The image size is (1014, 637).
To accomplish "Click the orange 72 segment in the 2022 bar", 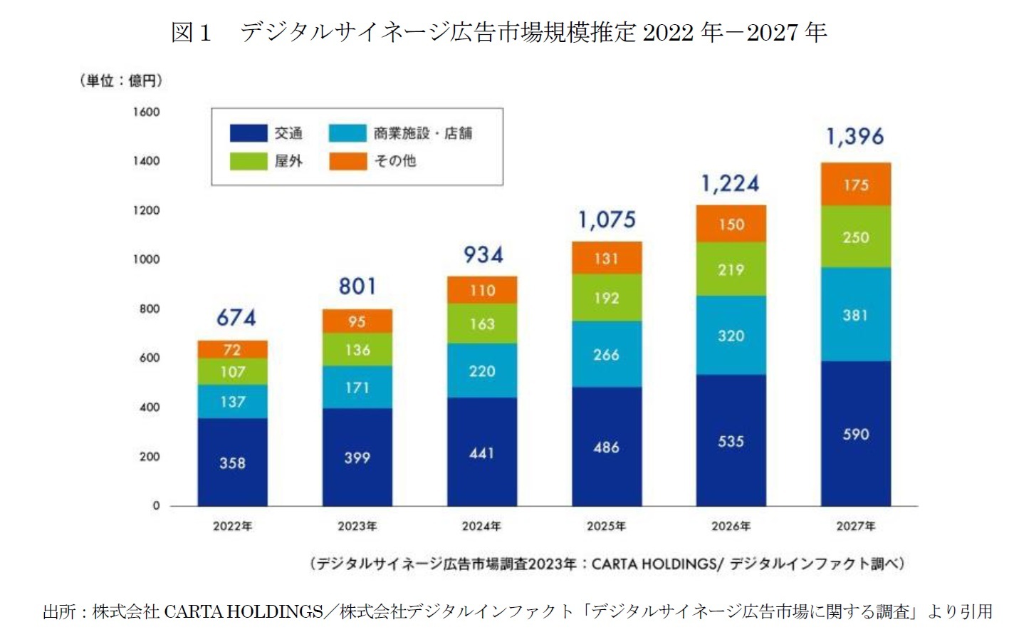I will click(x=232, y=350).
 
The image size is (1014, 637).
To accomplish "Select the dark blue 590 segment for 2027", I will click(x=855, y=434).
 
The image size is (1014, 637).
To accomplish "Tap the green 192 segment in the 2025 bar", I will click(x=606, y=298).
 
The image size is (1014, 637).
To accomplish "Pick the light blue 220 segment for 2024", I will click(x=481, y=371).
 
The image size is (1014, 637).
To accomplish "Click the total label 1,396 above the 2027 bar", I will click(x=854, y=136).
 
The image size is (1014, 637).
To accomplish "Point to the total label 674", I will click(x=236, y=317).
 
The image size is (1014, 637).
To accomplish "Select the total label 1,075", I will click(x=607, y=220).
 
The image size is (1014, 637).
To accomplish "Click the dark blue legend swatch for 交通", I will click(x=248, y=133).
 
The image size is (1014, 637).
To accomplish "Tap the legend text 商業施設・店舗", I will click(x=422, y=133).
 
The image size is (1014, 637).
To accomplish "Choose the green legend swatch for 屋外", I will click(x=248, y=161).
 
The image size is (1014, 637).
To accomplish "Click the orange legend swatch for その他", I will click(x=347, y=161).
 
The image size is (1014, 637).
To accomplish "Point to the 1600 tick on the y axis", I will click(x=146, y=112).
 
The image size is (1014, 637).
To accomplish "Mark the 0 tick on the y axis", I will click(x=156, y=506).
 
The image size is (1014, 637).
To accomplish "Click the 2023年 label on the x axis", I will click(x=357, y=527).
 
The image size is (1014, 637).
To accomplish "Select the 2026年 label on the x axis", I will click(x=731, y=527).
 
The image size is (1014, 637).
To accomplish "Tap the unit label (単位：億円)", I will click(x=121, y=81).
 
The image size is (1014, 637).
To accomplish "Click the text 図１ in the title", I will click(x=192, y=32).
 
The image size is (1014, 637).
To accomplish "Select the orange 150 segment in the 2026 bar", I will click(x=731, y=224).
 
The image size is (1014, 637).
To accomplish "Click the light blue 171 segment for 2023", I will click(x=357, y=388).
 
